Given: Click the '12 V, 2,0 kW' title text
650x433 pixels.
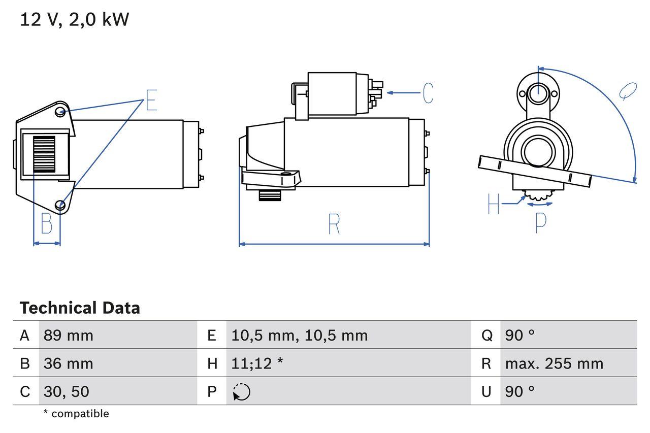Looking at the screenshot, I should click(x=75, y=20).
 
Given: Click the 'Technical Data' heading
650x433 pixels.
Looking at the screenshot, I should click(x=80, y=308).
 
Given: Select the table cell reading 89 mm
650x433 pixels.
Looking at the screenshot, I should click(x=68, y=336).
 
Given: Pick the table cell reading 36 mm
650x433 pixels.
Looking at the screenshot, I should click(x=68, y=363).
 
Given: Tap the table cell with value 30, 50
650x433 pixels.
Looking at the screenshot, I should click(x=66, y=391).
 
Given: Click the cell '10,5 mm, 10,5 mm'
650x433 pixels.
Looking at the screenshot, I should click(x=299, y=336).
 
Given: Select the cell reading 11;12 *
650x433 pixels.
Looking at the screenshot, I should click(x=257, y=363).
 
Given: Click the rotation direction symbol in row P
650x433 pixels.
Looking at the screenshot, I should click(x=242, y=392).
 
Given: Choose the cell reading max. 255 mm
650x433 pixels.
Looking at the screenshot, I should click(x=554, y=363).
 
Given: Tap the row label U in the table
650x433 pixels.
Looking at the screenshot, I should click(x=486, y=391).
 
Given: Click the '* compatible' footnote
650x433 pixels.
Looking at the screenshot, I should click(x=76, y=414).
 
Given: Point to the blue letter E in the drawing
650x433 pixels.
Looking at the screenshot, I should click(x=151, y=100).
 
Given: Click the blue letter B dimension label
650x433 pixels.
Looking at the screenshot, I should click(x=46, y=223).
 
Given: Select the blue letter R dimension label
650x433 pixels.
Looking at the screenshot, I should click(x=334, y=224).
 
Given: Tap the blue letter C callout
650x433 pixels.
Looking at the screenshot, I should click(x=428, y=93).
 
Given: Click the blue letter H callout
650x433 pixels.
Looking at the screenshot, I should click(x=494, y=204).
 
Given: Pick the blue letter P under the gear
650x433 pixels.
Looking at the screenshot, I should click(x=541, y=222).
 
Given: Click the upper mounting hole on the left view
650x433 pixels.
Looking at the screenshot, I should click(x=60, y=111).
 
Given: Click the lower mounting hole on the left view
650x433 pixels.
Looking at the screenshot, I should click(x=61, y=205).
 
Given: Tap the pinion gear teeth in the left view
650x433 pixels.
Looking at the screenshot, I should click(x=44, y=155).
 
